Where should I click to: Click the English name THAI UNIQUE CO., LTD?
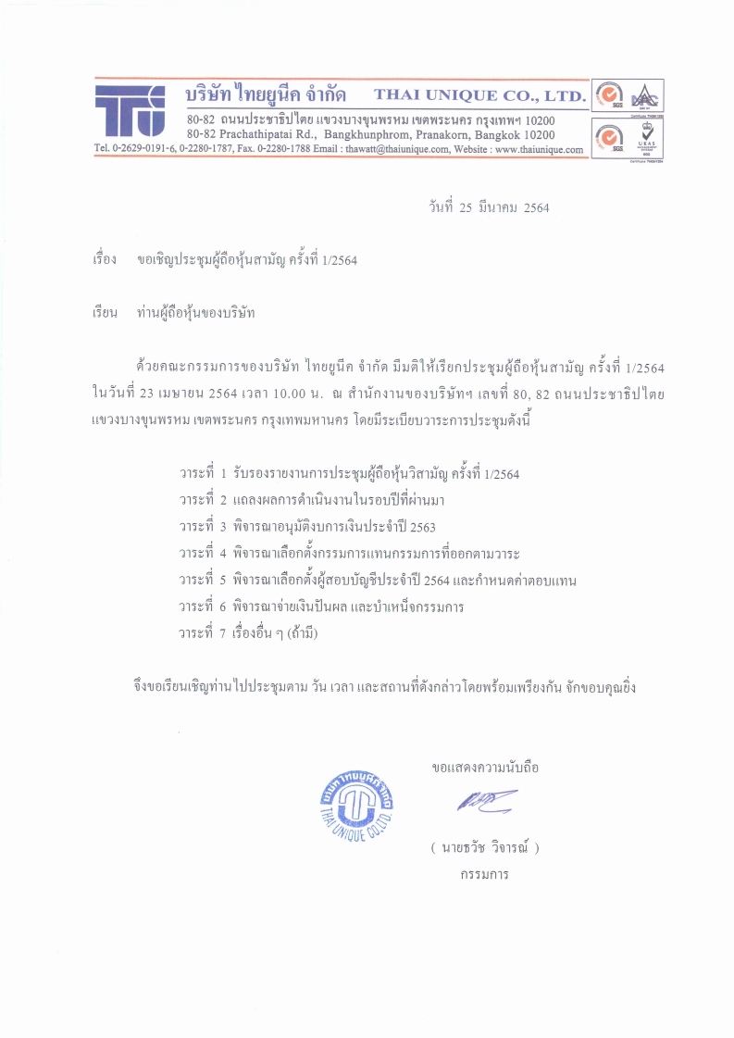479,95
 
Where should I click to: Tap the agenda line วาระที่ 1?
349,475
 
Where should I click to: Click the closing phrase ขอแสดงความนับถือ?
485,768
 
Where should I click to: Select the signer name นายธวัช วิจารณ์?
484,847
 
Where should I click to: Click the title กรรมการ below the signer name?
484,873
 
